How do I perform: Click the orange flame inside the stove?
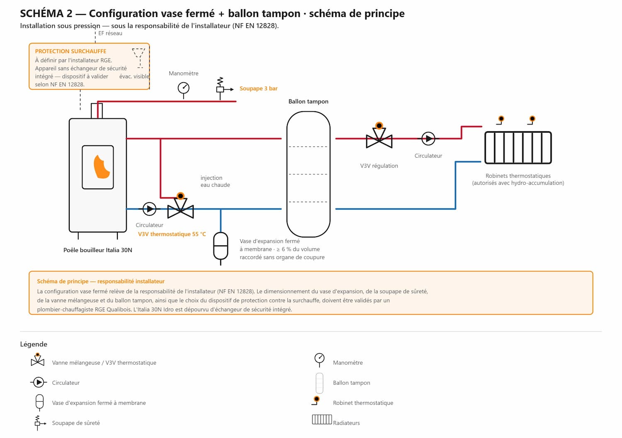coord(102,166)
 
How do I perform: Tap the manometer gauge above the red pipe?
coord(184,88)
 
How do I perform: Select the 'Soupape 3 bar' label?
coord(258,88)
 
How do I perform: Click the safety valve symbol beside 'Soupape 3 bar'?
coord(223,88)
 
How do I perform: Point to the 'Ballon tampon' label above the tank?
coord(308,101)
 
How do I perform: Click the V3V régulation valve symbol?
coord(379,137)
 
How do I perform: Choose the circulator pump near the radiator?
coord(428,139)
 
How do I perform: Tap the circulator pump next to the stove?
coord(149,209)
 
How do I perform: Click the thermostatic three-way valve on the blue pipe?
coord(180,206)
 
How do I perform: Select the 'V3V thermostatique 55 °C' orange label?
coord(172,234)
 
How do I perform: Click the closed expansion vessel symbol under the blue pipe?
coord(221,246)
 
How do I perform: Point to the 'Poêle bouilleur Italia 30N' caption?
coord(98,250)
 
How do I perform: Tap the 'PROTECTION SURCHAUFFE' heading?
coord(70,51)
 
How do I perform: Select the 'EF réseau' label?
coord(110,33)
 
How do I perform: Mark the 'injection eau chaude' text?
coord(215,181)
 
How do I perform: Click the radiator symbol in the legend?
coord(322,419)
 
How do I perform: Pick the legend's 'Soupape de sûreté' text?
coord(76,423)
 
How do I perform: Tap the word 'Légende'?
coord(34,344)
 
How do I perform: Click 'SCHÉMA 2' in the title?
coord(46,13)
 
